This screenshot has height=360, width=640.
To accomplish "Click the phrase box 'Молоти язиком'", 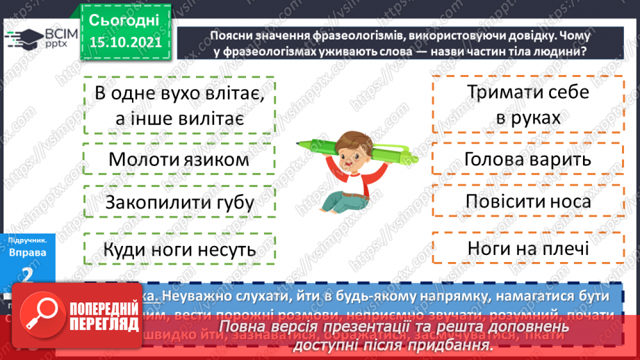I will (x=179, y=159).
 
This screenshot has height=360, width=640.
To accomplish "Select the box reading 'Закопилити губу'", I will (x=179, y=203).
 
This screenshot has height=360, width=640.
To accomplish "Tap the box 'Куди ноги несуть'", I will (x=179, y=249).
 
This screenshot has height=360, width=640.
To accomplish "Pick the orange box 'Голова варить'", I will (x=527, y=159).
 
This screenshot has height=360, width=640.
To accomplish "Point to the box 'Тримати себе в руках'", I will (x=527, y=105).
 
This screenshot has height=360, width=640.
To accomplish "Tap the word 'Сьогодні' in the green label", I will (x=124, y=19).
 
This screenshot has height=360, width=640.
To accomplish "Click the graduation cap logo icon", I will (x=25, y=38).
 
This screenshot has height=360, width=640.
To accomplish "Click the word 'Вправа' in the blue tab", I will (x=28, y=252).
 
